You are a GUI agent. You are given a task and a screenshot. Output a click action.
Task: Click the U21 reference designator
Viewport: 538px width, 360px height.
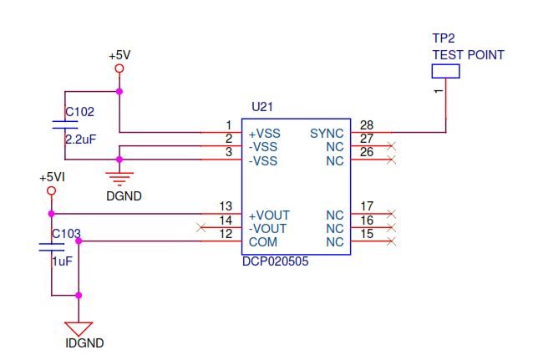261,107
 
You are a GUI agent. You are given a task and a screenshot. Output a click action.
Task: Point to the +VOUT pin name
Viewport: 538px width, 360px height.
266,215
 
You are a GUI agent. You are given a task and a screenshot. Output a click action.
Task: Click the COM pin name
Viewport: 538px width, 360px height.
262,242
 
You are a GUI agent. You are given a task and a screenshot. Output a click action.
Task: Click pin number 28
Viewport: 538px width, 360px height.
366,125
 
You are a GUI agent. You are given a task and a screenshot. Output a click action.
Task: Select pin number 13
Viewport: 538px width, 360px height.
225,206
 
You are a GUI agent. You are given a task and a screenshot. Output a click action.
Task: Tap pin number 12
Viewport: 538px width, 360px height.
225,234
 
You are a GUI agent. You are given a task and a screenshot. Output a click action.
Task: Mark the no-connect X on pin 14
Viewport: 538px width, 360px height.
199,227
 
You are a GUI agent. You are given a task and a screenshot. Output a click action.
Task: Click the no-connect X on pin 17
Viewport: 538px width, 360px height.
392,215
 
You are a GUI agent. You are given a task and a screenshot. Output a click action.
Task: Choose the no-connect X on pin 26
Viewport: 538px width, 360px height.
392,159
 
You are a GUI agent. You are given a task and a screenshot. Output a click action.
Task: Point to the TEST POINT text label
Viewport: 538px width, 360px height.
468,55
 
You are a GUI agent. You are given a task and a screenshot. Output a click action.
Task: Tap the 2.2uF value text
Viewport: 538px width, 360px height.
81,139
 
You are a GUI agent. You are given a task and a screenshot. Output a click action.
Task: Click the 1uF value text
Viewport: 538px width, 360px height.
63,261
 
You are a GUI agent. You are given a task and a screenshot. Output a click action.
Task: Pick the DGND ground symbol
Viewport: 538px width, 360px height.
120,177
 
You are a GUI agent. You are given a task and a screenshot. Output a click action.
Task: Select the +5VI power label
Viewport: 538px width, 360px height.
52,178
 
